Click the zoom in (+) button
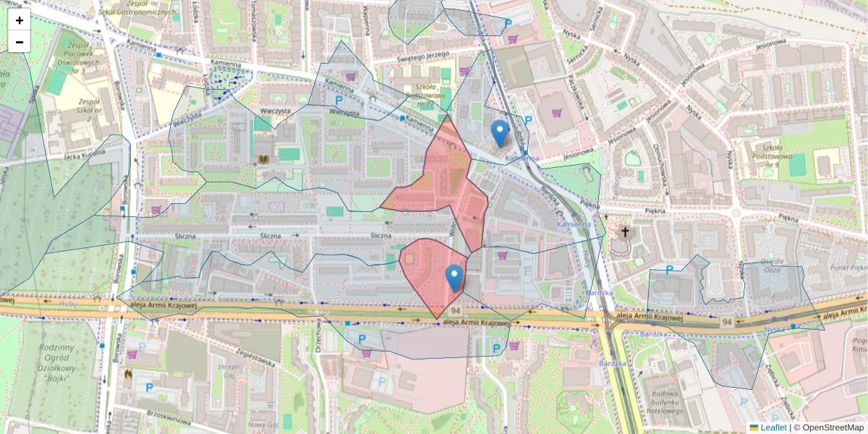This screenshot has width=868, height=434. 20,20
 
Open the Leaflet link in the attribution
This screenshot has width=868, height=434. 773,427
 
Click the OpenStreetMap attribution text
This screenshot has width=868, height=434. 833,427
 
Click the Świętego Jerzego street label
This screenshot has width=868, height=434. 423,56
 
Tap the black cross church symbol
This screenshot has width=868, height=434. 625,232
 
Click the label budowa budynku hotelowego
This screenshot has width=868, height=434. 662,403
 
